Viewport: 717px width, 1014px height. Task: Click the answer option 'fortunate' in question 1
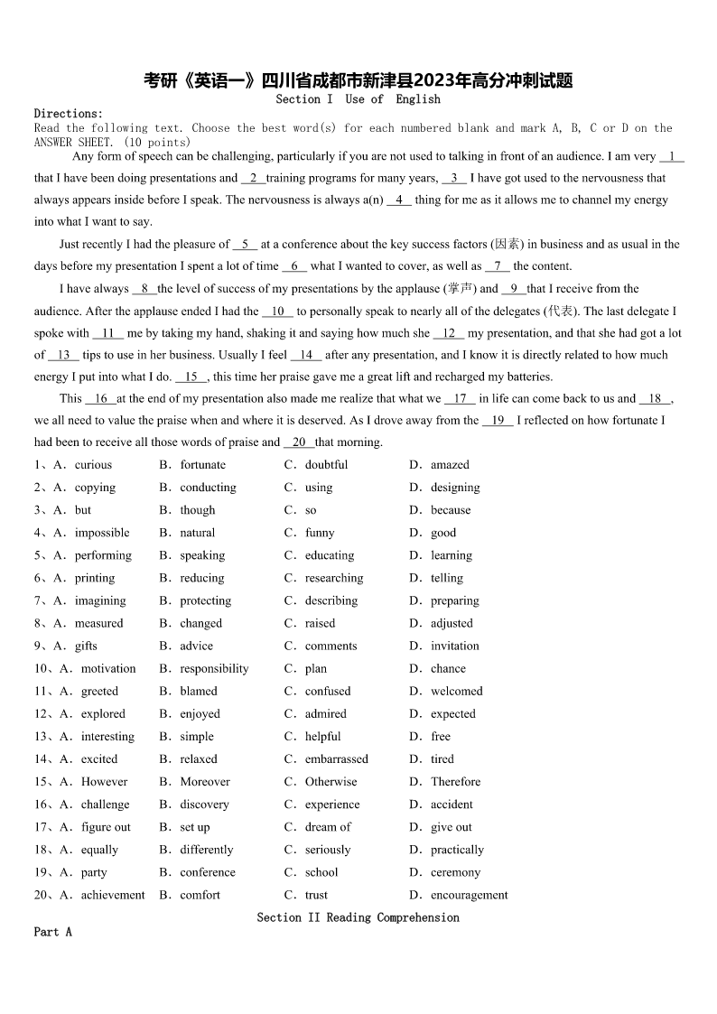pos(202,465)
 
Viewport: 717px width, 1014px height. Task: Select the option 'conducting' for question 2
pos(208,488)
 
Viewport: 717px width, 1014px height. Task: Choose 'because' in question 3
pos(451,510)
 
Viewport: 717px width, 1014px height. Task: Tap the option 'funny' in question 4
pos(320,533)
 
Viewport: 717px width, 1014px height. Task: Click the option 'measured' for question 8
pos(98,623)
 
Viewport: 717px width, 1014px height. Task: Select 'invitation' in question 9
pos(455,646)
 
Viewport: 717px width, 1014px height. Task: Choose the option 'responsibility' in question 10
pos(214,668)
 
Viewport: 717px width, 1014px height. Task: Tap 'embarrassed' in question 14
pos(337,759)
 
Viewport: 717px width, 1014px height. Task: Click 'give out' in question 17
pos(452,827)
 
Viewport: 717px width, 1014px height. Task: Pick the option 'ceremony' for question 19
pos(455,872)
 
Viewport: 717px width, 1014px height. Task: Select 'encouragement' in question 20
pos(470,895)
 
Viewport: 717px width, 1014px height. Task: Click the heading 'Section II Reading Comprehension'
pos(358,917)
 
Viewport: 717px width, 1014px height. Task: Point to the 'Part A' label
pos(52,931)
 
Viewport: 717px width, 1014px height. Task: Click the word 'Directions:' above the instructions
pos(69,114)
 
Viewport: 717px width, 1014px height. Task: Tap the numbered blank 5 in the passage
pos(245,245)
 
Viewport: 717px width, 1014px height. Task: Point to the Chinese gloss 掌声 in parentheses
pos(460,289)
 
